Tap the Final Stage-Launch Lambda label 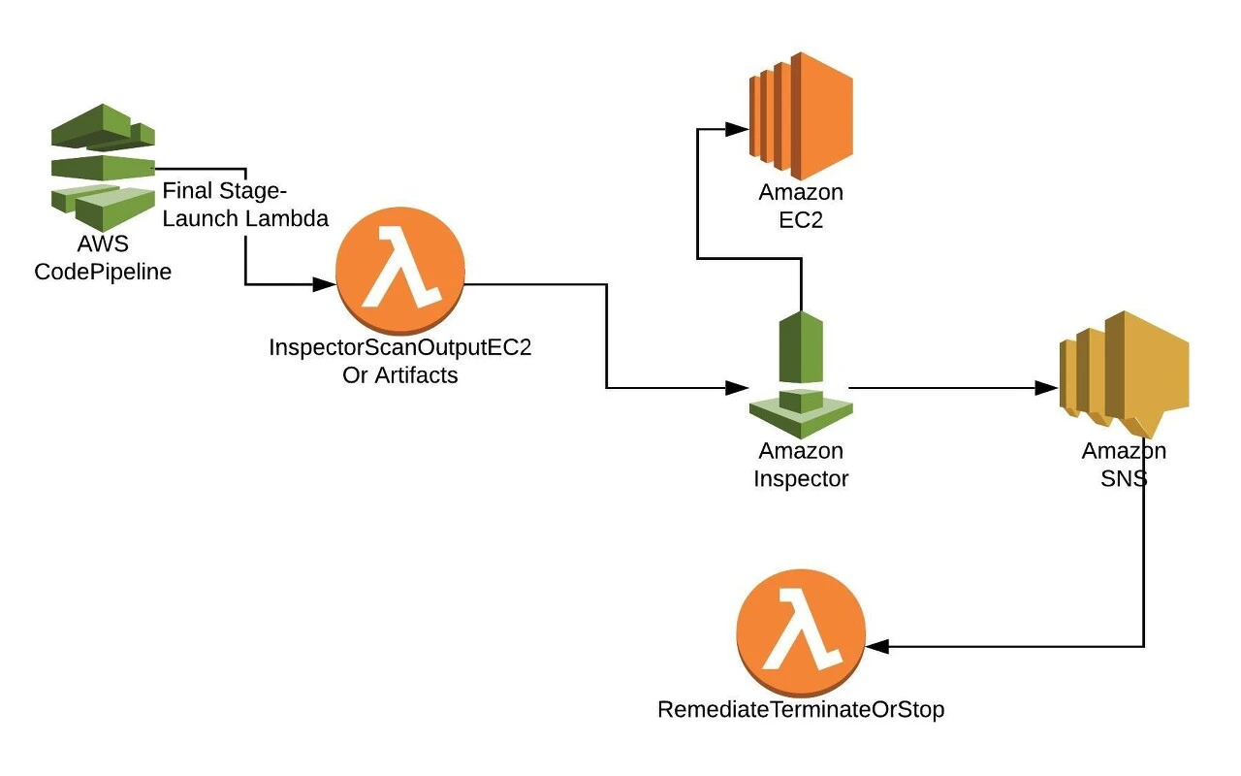[245, 204]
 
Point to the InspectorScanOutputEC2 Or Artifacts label [400, 362]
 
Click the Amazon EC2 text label [801, 206]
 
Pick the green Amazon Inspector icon [801, 374]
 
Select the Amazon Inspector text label [801, 465]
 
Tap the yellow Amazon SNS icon [1125, 374]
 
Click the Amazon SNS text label [1125, 465]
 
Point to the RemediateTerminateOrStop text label [801, 710]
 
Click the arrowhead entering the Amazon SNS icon [1047, 388]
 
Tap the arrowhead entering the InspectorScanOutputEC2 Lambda [324, 285]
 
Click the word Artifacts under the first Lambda [416, 375]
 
